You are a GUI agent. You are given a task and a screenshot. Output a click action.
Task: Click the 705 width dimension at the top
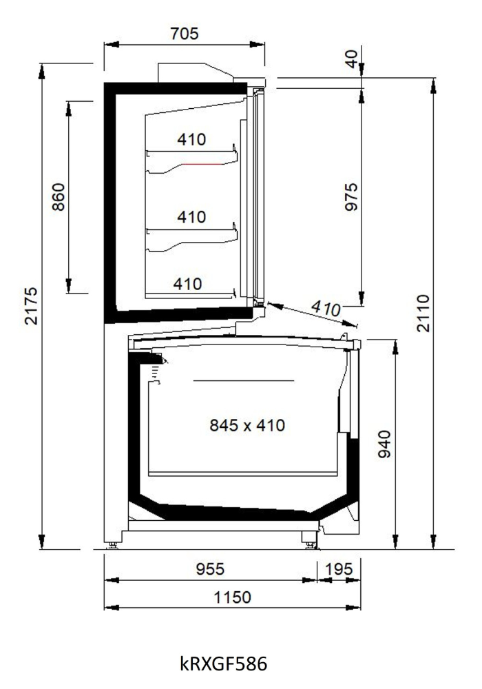[185, 33]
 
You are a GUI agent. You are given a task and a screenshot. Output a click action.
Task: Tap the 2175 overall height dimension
[31, 306]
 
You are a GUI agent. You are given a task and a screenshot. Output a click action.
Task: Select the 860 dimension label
[59, 197]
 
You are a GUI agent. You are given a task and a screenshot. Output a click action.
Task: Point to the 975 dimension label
[351, 197]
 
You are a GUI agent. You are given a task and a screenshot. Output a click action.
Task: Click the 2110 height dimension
[423, 313]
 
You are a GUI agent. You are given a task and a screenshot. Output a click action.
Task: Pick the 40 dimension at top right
[352, 59]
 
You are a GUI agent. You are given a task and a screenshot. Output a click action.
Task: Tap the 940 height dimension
[384, 444]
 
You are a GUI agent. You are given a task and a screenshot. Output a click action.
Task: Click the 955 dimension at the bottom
[210, 569]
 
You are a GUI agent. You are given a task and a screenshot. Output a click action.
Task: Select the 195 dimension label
[339, 569]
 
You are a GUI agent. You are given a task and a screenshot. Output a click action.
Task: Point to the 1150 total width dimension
[232, 597]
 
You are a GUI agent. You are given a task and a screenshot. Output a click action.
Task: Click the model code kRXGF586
[223, 663]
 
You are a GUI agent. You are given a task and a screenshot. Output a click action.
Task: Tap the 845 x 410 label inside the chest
[247, 425]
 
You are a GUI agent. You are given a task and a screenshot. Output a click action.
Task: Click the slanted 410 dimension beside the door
[326, 308]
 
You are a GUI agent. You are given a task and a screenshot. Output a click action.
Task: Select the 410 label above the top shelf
[191, 140]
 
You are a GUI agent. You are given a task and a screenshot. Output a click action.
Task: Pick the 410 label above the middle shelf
[191, 216]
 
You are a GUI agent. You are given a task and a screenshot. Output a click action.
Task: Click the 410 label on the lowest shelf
[187, 284]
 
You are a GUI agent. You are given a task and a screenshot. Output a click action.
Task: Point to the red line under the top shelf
[202, 164]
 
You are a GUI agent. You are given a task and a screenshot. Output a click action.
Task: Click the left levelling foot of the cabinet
[113, 545]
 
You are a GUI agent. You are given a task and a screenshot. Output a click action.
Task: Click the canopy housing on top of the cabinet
[196, 72]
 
